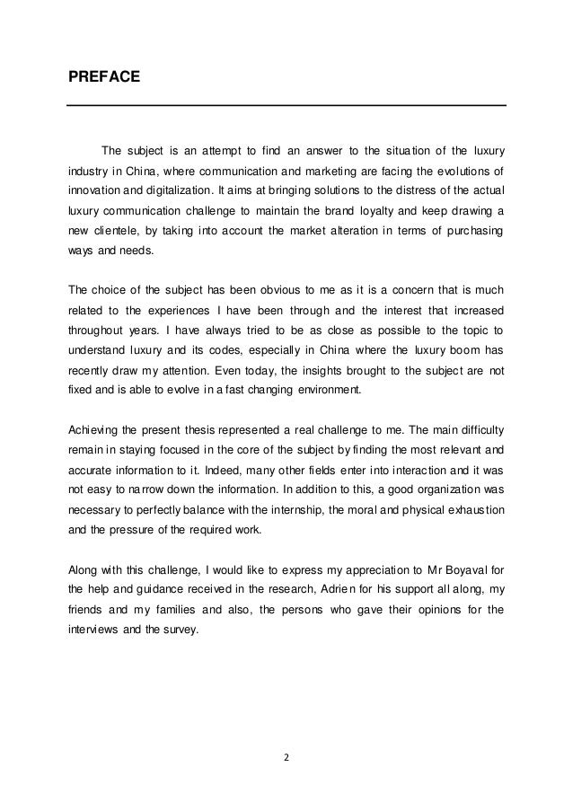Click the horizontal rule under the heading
[286, 107]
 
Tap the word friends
[89, 608]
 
